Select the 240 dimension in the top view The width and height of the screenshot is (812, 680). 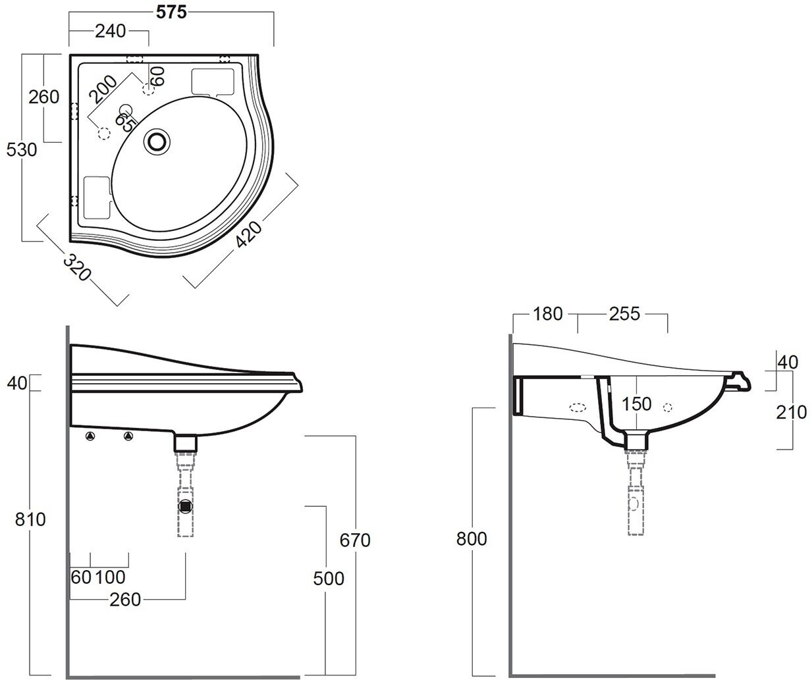tap(109, 32)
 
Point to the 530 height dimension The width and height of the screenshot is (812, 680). tap(21, 149)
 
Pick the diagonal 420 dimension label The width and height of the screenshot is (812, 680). tap(250, 234)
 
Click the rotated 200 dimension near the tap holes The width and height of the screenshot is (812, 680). tap(104, 90)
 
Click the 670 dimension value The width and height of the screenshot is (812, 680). tap(355, 540)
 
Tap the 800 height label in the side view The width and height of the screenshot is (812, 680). tap(472, 538)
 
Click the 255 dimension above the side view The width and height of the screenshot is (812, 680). tap(624, 314)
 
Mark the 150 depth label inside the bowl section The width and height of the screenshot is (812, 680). tap(636, 404)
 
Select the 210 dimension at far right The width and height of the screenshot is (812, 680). tap(791, 412)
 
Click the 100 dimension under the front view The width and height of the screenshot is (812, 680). tap(110, 577)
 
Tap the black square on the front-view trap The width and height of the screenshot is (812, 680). tap(186, 507)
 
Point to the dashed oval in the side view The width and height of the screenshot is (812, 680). tap(578, 407)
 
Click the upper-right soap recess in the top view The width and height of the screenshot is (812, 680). tap(212, 81)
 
